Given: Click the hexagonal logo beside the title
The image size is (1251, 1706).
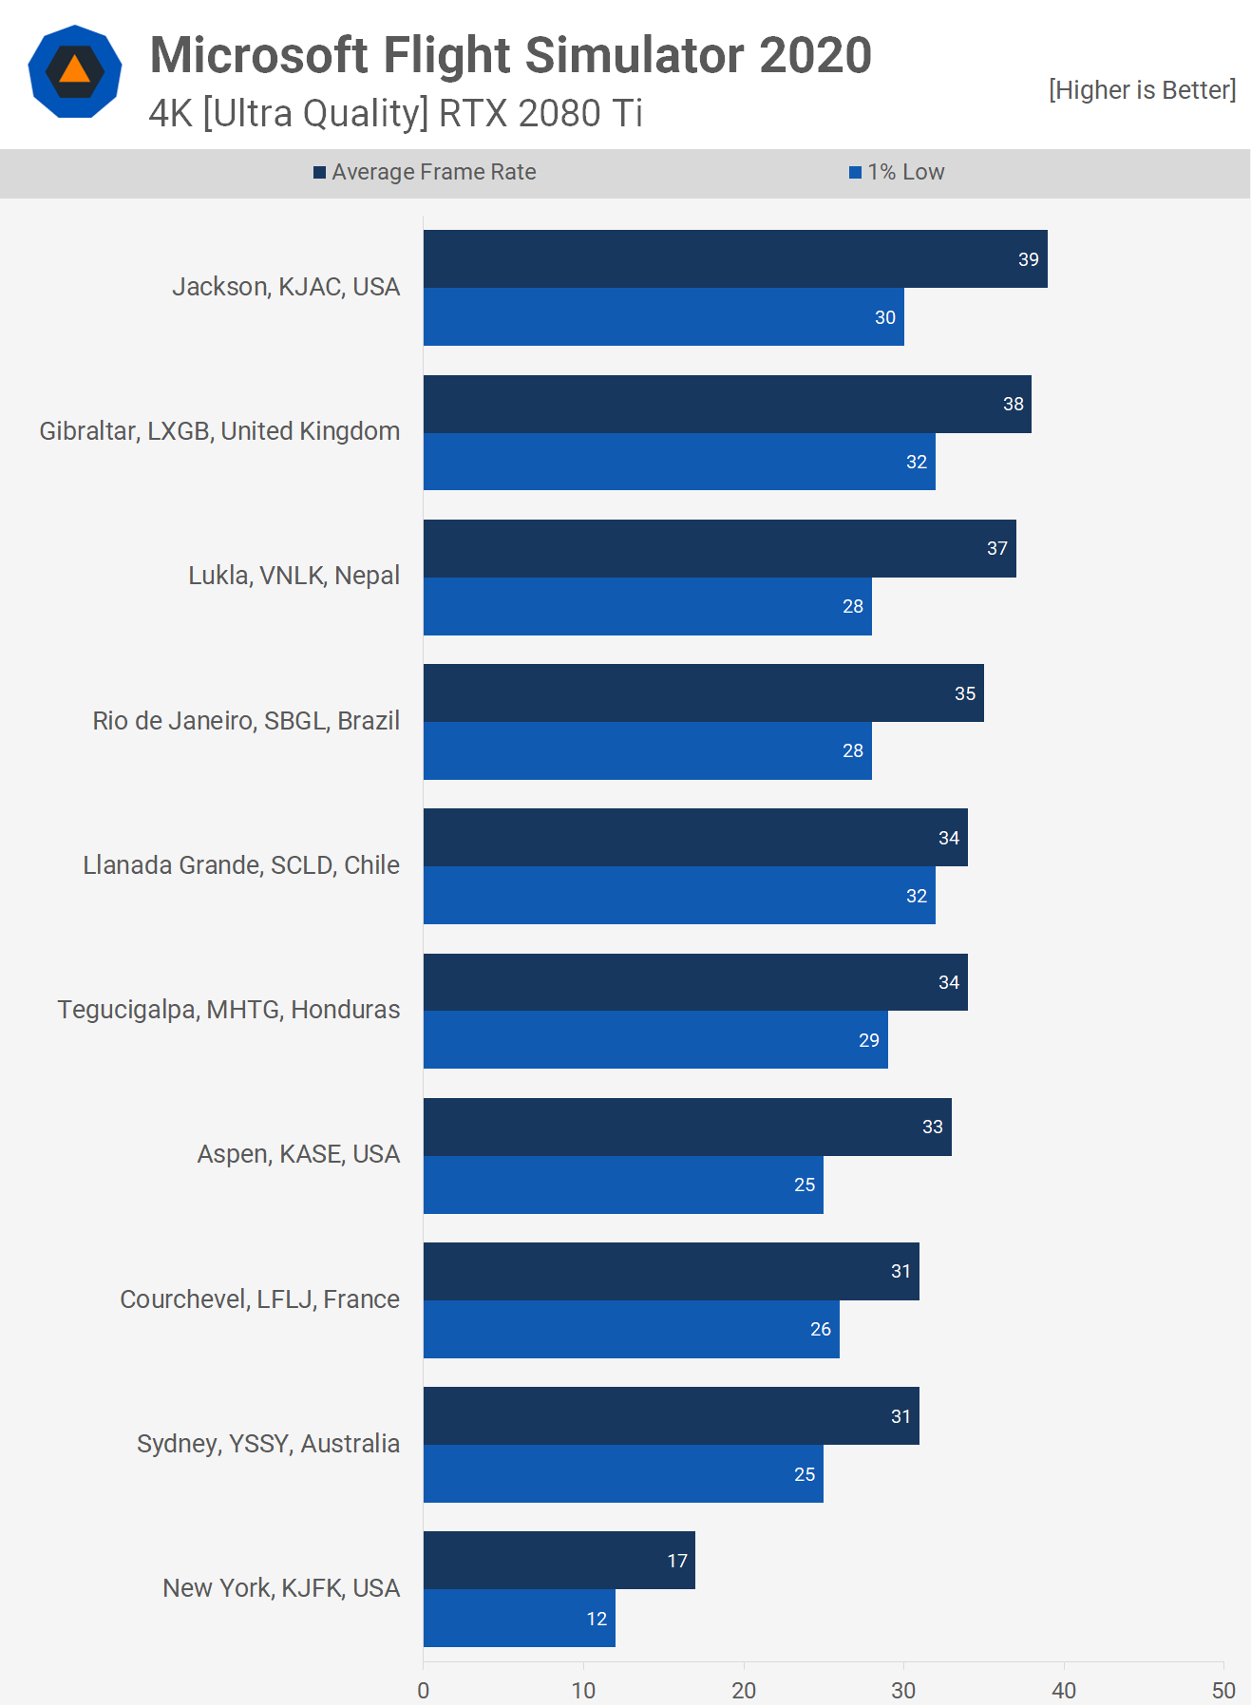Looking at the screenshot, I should [x=75, y=72].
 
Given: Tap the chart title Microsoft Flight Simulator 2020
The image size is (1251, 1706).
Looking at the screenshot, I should [x=510, y=55].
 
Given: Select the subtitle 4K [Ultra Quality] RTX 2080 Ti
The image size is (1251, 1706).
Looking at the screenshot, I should [x=395, y=114].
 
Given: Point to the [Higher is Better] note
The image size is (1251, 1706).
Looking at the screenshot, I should [x=1142, y=90].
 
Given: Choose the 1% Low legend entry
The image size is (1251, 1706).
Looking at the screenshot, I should [x=897, y=172].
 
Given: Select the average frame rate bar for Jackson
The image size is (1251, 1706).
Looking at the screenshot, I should [x=735, y=259].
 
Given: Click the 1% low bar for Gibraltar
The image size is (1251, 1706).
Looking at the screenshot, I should [x=679, y=462].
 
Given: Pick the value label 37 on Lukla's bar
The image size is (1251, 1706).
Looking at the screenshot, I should [x=996, y=549].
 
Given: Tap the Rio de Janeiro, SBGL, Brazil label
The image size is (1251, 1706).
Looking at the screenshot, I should [x=246, y=721].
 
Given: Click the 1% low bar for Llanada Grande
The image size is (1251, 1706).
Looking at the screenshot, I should [x=679, y=896].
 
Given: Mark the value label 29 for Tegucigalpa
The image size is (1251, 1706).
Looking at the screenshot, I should [x=868, y=1040].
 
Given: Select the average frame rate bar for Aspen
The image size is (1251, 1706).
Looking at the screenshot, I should [x=687, y=1128].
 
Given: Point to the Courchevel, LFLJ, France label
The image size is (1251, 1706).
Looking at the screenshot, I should [x=259, y=1299].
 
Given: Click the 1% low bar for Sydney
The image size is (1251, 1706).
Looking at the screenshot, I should [x=623, y=1474].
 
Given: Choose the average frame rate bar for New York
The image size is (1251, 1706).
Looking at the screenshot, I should [x=559, y=1561].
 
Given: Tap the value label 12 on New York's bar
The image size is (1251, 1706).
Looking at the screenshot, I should [x=597, y=1619].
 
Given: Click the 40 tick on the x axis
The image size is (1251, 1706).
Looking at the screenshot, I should [x=1064, y=1691].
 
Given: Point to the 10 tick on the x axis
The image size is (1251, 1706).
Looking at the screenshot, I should [x=583, y=1691].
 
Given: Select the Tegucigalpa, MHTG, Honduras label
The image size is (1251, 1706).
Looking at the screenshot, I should [x=229, y=1010].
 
